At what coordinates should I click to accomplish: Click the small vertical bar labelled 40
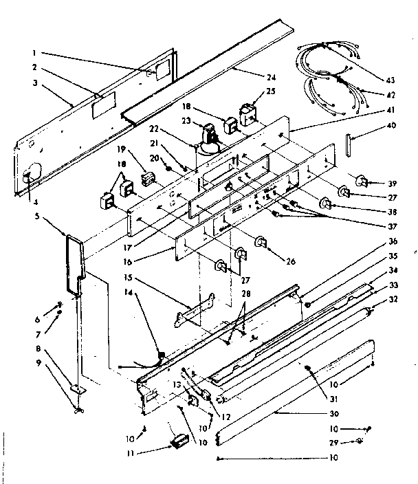tap(349, 146)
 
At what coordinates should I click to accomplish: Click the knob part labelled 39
tap(360, 181)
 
